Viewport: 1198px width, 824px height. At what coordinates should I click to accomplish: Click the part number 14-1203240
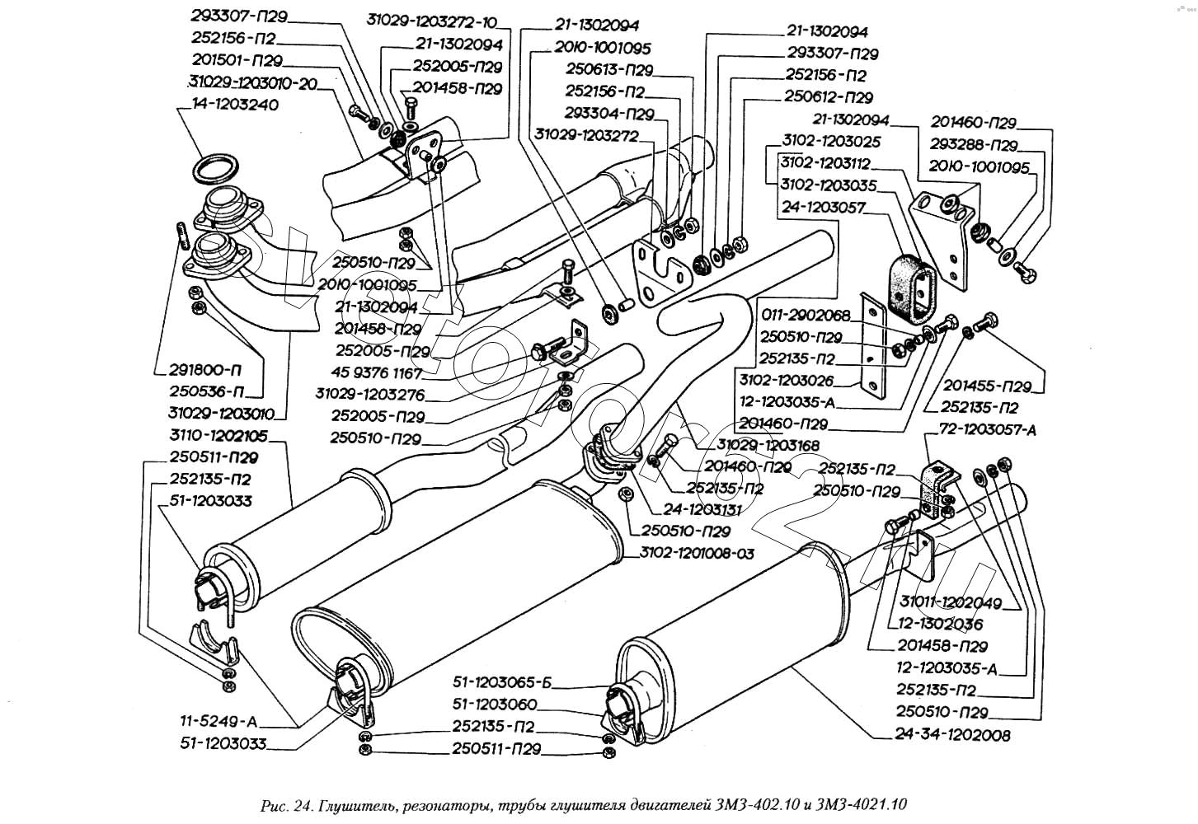235,105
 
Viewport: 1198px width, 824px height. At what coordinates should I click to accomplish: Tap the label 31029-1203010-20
255,82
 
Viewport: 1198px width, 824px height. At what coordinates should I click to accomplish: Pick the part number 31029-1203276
370,395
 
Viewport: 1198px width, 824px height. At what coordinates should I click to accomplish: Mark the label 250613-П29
609,69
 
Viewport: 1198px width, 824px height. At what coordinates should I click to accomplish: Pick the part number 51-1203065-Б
505,682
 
